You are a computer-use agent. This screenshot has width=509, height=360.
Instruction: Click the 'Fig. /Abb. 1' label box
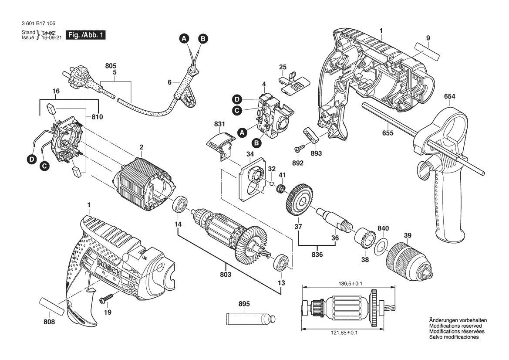click(x=85, y=35)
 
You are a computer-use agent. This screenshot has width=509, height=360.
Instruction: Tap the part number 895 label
click(x=244, y=304)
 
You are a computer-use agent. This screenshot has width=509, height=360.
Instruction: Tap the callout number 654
click(x=450, y=97)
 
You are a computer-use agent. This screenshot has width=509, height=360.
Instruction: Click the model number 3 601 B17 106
click(x=38, y=24)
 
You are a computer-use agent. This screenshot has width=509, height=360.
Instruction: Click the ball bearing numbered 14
click(x=179, y=204)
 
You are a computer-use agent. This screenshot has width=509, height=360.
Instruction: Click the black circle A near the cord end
click(x=185, y=39)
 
